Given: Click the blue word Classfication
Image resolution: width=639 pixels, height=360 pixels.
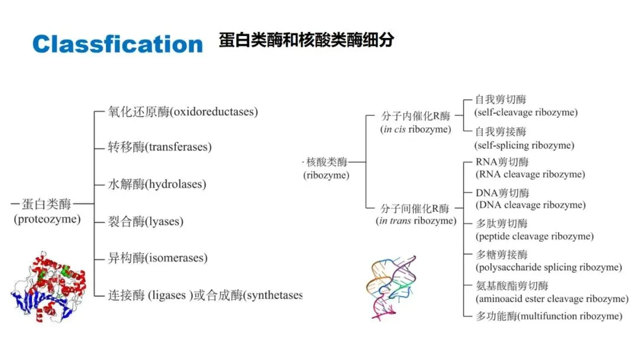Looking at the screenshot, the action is [117, 44].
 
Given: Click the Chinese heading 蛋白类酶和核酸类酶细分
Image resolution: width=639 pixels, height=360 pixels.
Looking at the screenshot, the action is [306, 40].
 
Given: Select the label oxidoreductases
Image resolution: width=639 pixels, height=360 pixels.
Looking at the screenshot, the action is [214, 111].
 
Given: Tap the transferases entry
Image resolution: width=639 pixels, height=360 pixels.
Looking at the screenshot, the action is [178, 147].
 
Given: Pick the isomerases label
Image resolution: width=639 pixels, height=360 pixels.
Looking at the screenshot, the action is [177, 258].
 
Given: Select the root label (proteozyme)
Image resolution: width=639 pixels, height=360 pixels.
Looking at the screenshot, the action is [47, 219].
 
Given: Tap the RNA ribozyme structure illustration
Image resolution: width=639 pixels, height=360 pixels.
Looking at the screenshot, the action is [390, 286].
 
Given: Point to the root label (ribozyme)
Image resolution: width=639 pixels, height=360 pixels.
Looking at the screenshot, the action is [326, 175].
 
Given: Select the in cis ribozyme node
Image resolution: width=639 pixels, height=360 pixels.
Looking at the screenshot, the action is [416, 129].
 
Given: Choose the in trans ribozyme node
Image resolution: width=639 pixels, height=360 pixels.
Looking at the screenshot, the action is [416, 221].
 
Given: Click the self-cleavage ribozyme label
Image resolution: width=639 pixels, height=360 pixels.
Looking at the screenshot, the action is [526, 112].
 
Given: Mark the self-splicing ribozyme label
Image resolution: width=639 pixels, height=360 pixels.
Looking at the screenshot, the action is [524, 145].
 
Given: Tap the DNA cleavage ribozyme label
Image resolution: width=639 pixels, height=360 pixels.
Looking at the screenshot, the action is [530, 205].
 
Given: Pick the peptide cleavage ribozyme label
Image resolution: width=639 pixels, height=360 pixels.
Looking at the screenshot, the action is [534, 236].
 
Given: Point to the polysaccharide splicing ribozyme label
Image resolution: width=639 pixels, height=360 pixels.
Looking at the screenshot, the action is [548, 267].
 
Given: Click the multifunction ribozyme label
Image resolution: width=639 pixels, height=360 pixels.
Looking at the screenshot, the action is [548, 316].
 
